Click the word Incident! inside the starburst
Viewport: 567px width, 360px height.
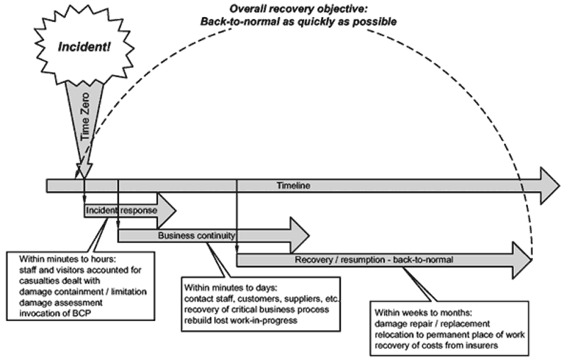click(84, 47)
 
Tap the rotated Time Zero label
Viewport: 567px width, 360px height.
click(85, 117)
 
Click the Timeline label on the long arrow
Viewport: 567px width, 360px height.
click(293, 186)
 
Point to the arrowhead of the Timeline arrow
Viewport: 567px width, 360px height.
click(550, 186)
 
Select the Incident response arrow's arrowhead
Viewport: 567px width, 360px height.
click(167, 210)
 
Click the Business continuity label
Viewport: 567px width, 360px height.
click(196, 236)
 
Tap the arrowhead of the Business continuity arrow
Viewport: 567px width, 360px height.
click(299, 236)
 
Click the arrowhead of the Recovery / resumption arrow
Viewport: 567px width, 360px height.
click(522, 260)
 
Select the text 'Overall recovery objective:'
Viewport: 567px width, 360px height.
click(298, 9)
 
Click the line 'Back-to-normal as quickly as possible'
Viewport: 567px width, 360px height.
click(298, 22)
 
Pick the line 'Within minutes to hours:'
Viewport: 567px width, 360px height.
click(67, 259)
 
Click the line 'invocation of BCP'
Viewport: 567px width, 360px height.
click(55, 313)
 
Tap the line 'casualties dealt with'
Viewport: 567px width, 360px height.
click(60, 281)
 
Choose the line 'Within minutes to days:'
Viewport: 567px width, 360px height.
click(231, 288)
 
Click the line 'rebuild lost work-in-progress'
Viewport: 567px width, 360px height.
click(241, 320)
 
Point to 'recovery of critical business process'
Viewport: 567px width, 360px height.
click(257, 310)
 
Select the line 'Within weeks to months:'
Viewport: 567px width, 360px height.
click(423, 313)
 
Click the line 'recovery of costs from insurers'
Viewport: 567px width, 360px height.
click(436, 346)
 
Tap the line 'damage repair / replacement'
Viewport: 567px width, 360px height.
click(432, 323)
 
